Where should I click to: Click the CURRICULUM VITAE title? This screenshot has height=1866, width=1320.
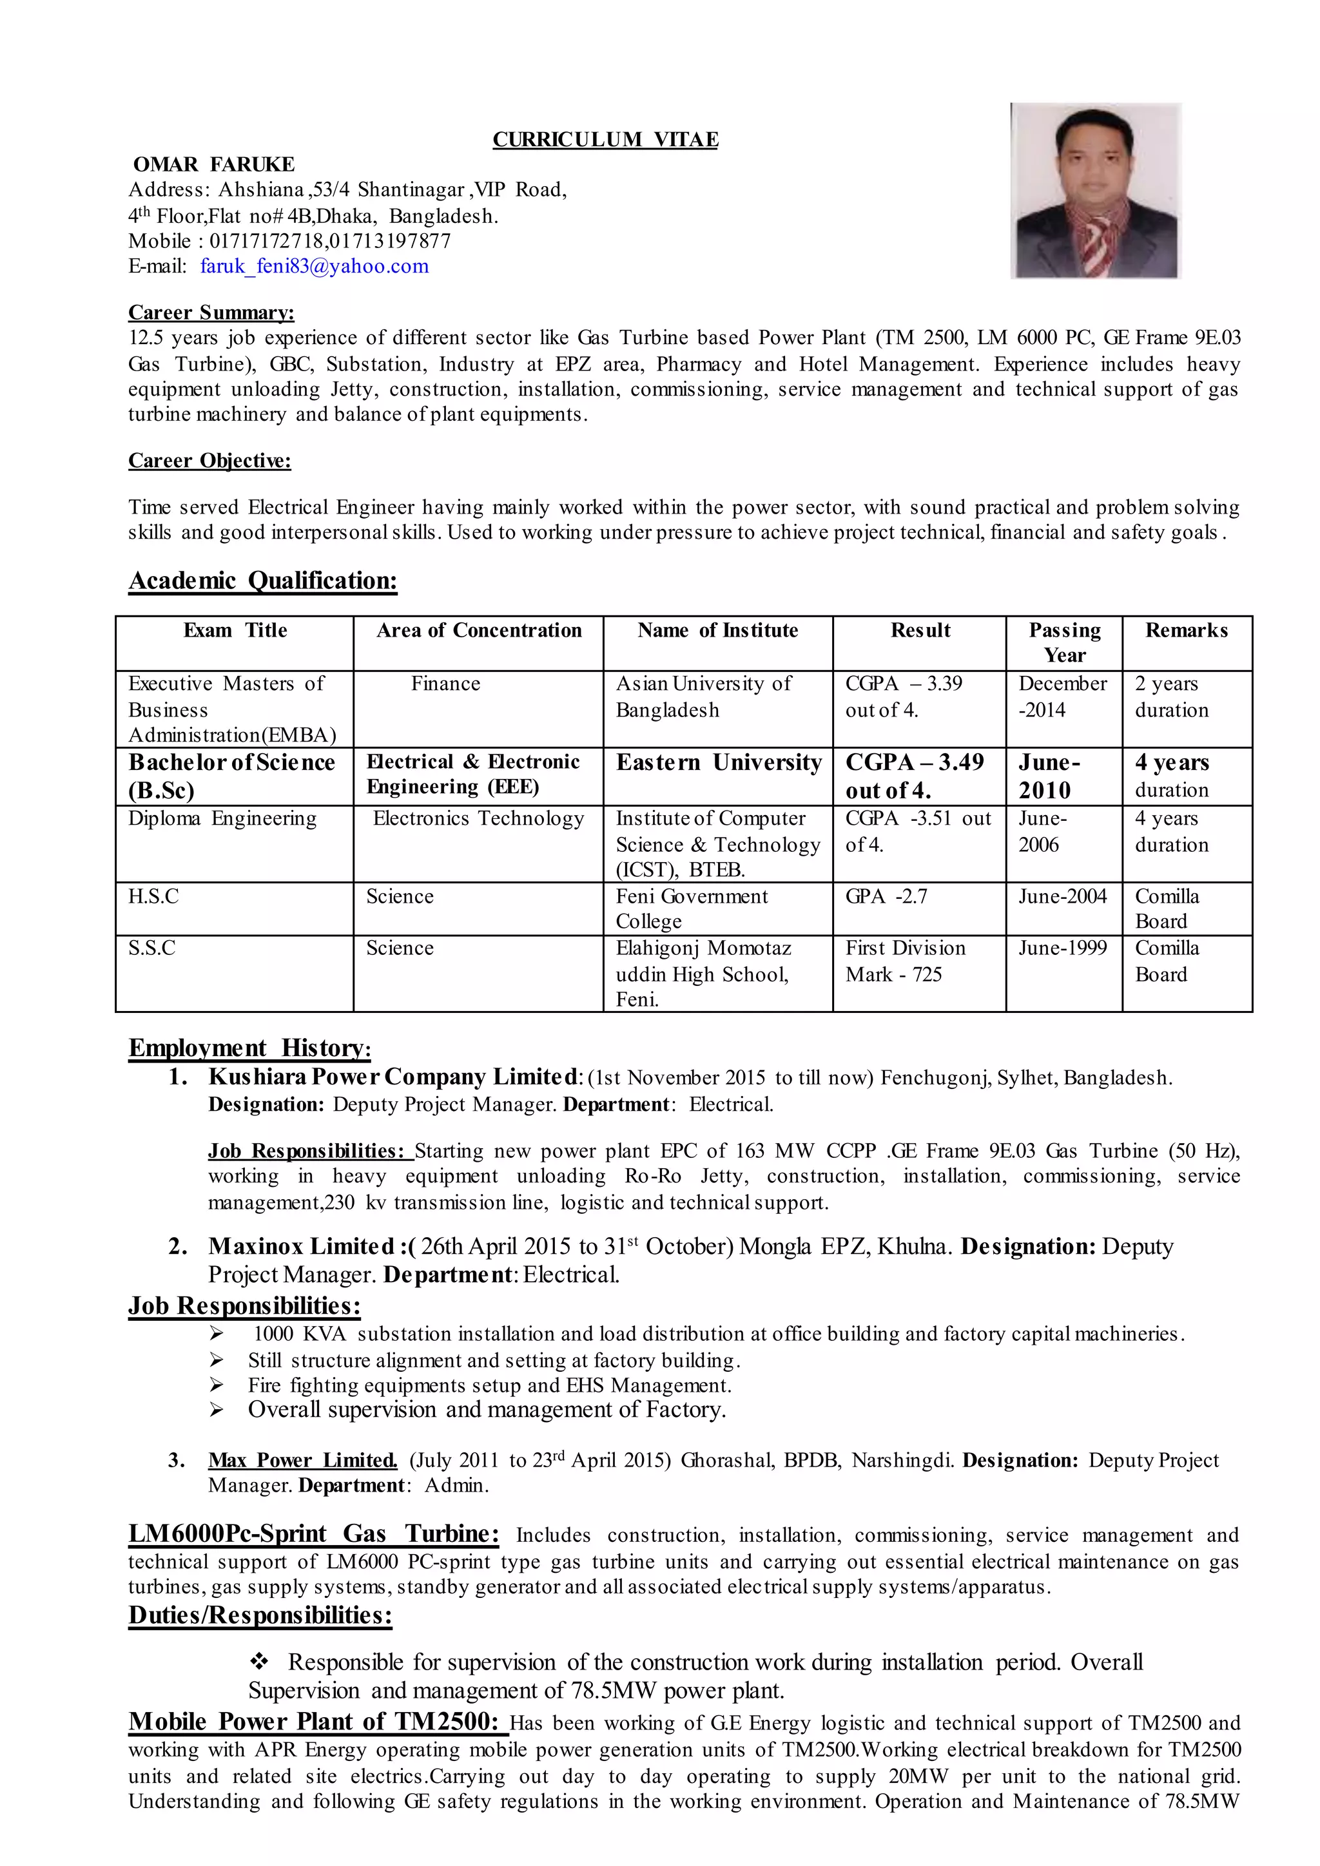pyautogui.click(x=606, y=140)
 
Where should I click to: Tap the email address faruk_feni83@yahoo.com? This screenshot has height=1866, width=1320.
pyautogui.click(x=315, y=267)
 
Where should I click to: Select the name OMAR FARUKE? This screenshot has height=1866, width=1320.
pyautogui.click(x=214, y=165)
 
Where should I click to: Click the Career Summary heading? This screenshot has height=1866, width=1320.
pyautogui.click(x=211, y=313)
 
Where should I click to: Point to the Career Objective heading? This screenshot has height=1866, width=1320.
pyautogui.click(x=209, y=461)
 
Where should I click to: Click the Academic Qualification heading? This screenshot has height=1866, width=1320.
pyautogui.click(x=262, y=581)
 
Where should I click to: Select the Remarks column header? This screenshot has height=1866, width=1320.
pyautogui.click(x=1186, y=631)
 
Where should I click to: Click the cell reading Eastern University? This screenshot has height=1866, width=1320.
pyautogui.click(x=719, y=762)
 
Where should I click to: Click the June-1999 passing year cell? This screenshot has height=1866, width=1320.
pyautogui.click(x=1062, y=948)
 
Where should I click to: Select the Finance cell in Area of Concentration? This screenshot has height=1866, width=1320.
pyautogui.click(x=445, y=684)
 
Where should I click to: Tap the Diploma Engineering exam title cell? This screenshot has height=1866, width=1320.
pyautogui.click(x=222, y=818)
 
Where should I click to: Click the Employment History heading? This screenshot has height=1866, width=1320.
pyautogui.click(x=249, y=1048)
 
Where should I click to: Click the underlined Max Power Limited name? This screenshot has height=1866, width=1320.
pyautogui.click(x=302, y=1461)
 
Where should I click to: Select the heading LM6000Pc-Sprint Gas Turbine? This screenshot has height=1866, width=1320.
pyautogui.click(x=314, y=1534)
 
